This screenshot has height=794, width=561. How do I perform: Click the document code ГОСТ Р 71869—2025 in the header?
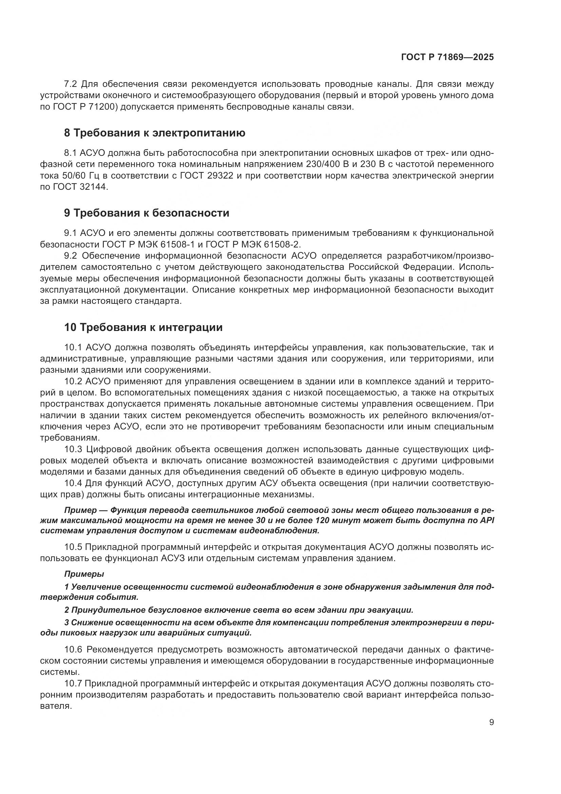click(447, 57)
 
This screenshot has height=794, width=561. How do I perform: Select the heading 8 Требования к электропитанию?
click(154, 133)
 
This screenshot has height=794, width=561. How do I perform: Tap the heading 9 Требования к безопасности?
click(147, 213)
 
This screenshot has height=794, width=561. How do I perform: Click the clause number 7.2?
click(71, 84)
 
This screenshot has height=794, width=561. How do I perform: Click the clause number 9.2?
click(71, 256)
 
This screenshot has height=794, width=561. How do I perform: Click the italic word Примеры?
click(84, 574)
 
